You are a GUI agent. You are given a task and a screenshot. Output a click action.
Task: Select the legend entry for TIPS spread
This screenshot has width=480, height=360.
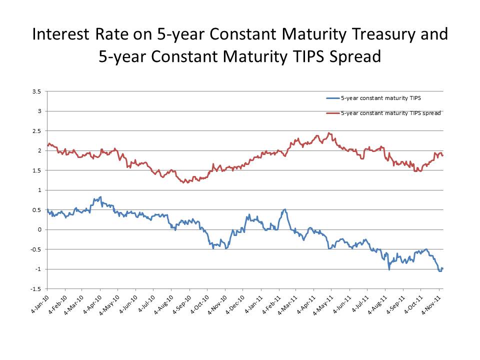[390, 113]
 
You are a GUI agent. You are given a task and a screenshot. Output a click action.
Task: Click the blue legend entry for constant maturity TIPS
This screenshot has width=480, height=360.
[380, 98]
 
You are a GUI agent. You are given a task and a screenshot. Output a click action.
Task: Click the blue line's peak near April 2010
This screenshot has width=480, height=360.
[101, 197]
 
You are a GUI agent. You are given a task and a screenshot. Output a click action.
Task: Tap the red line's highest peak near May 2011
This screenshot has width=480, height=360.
[328, 133]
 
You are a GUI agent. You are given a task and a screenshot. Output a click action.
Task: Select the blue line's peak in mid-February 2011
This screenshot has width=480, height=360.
[285, 209]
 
